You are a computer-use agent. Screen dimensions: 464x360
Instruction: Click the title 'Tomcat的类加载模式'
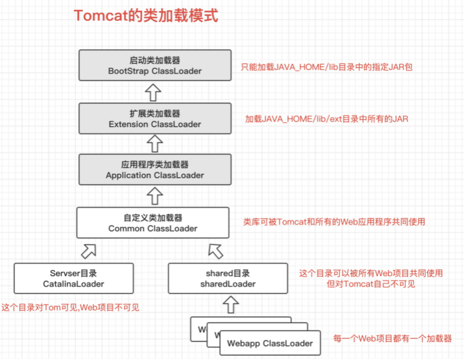146,16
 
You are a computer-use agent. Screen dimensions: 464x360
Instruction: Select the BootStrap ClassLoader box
155,65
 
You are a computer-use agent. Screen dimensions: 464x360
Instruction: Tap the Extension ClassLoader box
155,119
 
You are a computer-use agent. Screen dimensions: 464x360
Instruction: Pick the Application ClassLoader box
155,170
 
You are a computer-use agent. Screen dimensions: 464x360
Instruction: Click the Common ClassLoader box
153,222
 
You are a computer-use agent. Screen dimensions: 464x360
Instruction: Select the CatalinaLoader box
74,278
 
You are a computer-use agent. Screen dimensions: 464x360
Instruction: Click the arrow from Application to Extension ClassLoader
155,144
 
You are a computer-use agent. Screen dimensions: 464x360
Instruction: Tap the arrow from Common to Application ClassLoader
155,196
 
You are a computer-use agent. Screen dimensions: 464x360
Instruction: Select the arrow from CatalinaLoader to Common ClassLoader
88,250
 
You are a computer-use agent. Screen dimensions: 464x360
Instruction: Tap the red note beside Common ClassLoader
334,222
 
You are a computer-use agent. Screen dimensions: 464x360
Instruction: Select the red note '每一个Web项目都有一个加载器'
392,339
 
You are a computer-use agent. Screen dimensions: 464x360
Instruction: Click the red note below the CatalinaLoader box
70,307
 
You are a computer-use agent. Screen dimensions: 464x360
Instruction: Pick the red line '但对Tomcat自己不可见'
371,284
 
